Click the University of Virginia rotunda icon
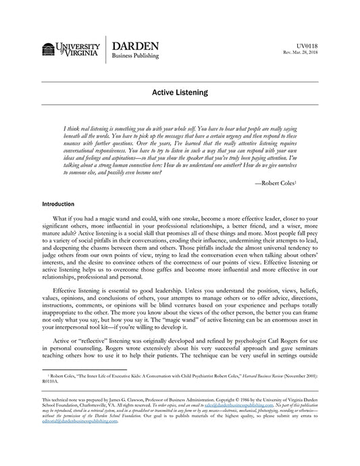pyautogui.click(x=49, y=50)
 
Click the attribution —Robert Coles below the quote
pyautogui.click(x=295, y=182)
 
